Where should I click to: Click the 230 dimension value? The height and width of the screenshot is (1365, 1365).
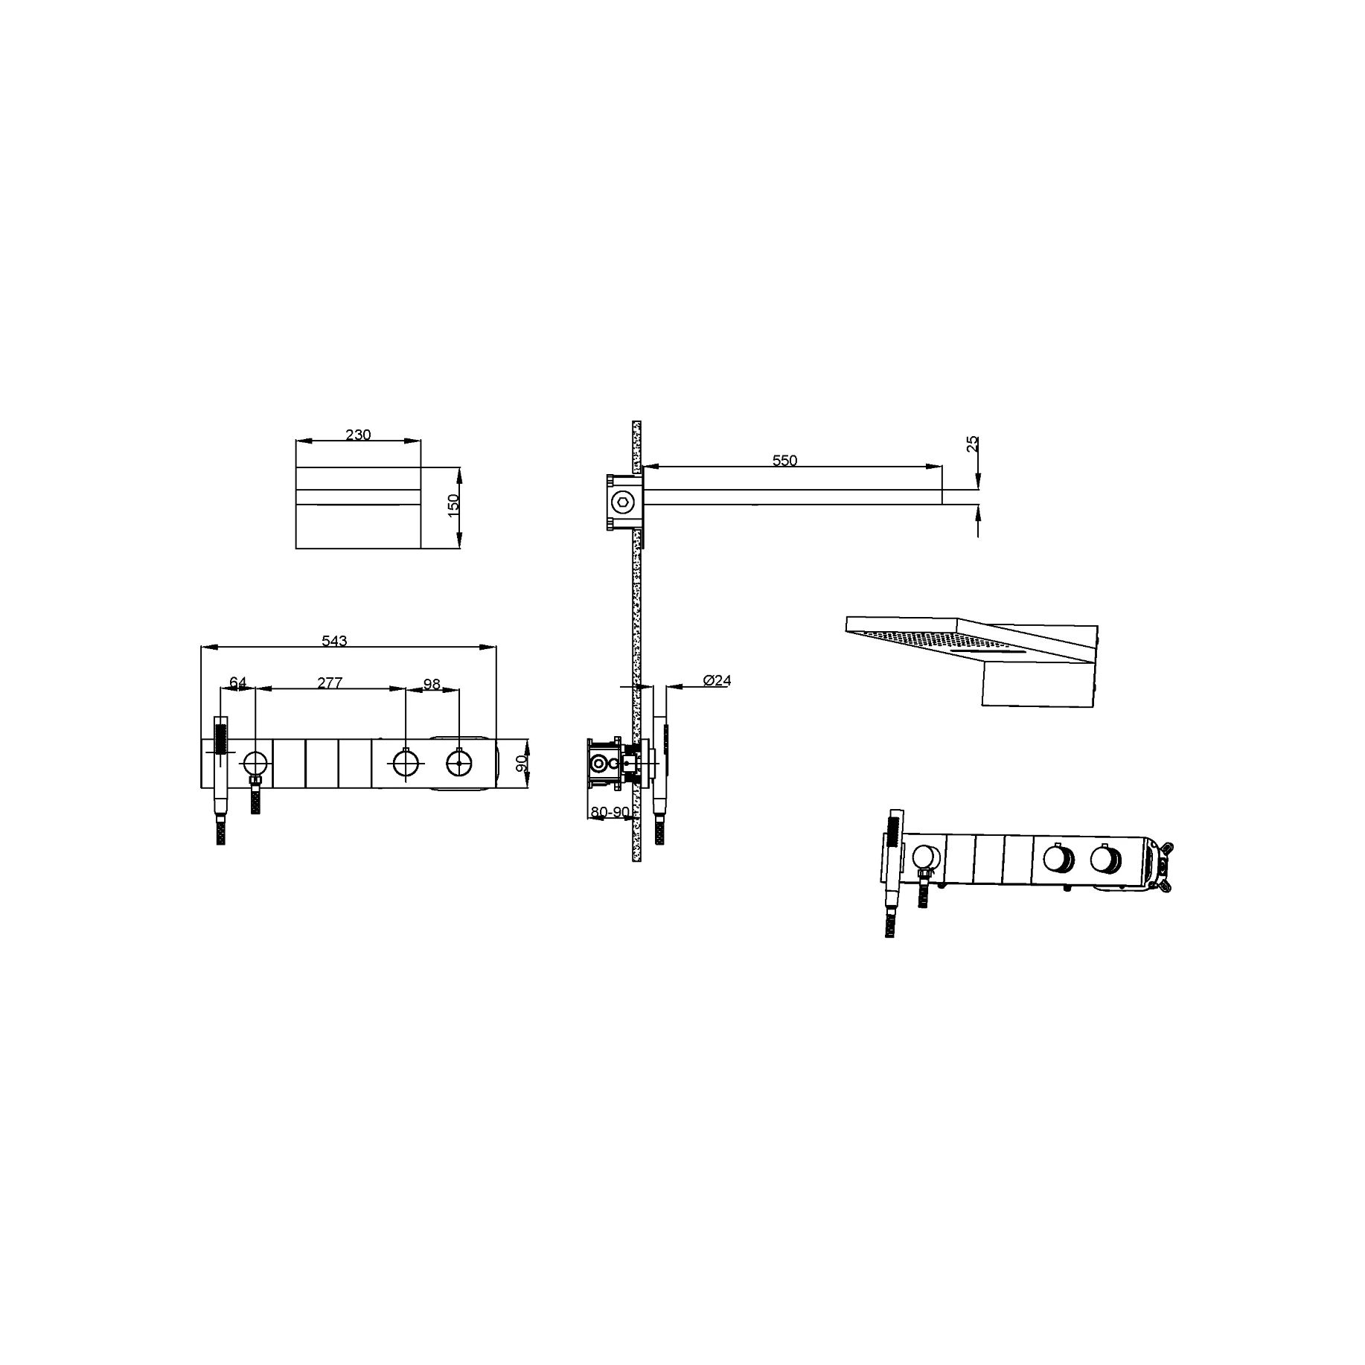[x=358, y=435]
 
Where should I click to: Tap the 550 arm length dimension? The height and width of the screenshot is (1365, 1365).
[x=784, y=461]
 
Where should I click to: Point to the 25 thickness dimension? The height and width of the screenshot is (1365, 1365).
[x=971, y=444]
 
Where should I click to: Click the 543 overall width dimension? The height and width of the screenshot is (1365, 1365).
[x=334, y=641]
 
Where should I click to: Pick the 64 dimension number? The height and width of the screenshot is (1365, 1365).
[x=238, y=682]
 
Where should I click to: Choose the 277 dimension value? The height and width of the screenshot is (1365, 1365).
[x=330, y=682]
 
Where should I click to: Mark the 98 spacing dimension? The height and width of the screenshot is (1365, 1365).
[x=432, y=682]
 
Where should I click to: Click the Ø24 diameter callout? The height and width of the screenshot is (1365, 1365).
[x=717, y=680]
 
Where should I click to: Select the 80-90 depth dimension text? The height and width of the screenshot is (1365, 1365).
[x=610, y=811]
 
